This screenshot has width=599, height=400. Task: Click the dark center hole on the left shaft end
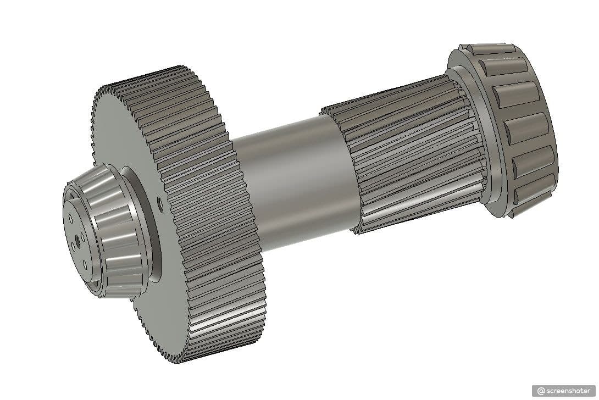click(77, 240)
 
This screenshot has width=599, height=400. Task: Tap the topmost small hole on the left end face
click(71, 218)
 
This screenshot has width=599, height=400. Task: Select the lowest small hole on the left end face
click(85, 264)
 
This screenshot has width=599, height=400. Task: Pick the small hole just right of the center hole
click(83, 237)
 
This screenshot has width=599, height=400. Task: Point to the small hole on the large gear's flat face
click(160, 205)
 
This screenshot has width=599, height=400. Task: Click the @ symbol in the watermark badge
click(541, 391)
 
